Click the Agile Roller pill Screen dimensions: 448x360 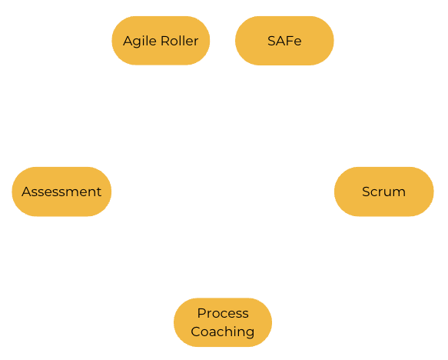pos(161,41)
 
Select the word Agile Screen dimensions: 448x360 pos(139,42)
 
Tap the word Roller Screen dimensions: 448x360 pos(180,41)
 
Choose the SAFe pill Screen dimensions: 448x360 pos(284,41)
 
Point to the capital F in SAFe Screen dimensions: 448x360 pos(289,41)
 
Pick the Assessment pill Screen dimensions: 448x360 pos(61,192)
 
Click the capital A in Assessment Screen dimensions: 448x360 pos(27,192)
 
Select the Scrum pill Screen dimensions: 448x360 pos(384,192)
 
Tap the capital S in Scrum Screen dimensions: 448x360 pos(367,192)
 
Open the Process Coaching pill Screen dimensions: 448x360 pos(223,322)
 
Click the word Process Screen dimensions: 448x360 pos(223,313)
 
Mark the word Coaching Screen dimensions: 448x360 pos(223,332)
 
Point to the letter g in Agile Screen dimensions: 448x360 pos(138,42)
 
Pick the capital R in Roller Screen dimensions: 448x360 pos(166,41)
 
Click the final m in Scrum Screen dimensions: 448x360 pos(399,193)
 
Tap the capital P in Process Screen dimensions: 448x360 pos(201,313)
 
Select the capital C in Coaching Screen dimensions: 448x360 pos(196,332)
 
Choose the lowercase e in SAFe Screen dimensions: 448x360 pos(297,42)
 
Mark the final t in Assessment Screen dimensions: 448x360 pos(98,192)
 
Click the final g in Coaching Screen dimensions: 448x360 pos(251,333)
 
